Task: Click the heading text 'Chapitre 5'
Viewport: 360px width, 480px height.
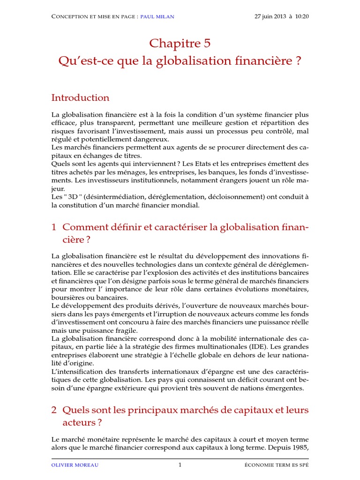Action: click(180, 44)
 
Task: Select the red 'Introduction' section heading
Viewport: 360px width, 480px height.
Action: click(80, 97)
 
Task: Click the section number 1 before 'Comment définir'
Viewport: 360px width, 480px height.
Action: click(53, 227)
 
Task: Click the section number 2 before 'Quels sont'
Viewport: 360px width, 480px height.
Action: click(53, 410)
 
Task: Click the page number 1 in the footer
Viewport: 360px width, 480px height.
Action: click(180, 465)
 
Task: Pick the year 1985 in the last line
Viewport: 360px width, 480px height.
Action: click(300, 448)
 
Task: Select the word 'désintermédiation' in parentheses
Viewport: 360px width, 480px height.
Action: click(112, 197)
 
